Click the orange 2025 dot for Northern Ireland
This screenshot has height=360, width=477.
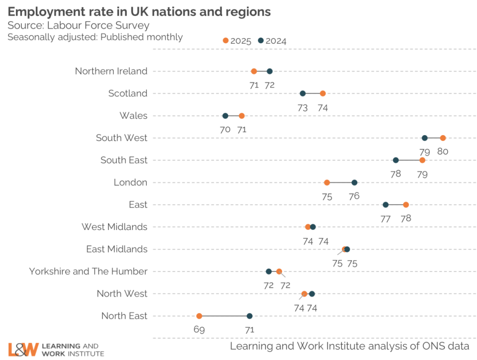pos(254,71)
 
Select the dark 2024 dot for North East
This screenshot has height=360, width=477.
pos(250,316)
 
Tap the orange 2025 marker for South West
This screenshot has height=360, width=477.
pos(443,138)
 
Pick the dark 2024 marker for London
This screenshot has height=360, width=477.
pos(354,183)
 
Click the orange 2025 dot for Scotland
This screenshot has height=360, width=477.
pos(323,94)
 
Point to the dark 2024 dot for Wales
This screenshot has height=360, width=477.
pos(225,116)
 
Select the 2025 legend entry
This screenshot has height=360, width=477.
pos(237,41)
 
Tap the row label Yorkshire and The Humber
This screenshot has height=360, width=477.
pos(88,272)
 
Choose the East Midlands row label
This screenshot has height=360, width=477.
pos(116,249)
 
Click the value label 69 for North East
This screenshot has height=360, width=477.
pos(199,330)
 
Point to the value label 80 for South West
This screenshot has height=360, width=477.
pos(443,151)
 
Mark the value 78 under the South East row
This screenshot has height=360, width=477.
pos(396,174)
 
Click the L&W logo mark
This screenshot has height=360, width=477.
pos(23,350)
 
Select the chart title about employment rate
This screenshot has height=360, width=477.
pos(139,11)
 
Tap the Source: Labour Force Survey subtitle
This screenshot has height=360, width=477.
pos(78,25)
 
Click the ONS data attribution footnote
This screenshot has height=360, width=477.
pos(349,346)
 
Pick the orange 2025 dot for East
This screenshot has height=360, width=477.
pos(406,205)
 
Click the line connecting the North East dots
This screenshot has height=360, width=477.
pos(224,316)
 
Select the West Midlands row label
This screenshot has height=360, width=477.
pos(115,227)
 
